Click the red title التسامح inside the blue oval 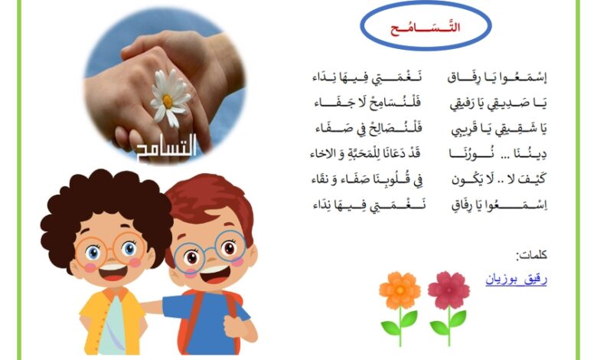[426, 28]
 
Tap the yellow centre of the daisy [168, 101]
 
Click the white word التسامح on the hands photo [166, 147]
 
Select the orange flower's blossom [400, 290]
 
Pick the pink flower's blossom [449, 290]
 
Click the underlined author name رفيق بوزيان [516, 280]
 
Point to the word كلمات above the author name [531, 254]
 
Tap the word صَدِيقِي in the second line [517, 103]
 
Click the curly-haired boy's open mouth [113, 272]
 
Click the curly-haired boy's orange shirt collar [115, 293]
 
